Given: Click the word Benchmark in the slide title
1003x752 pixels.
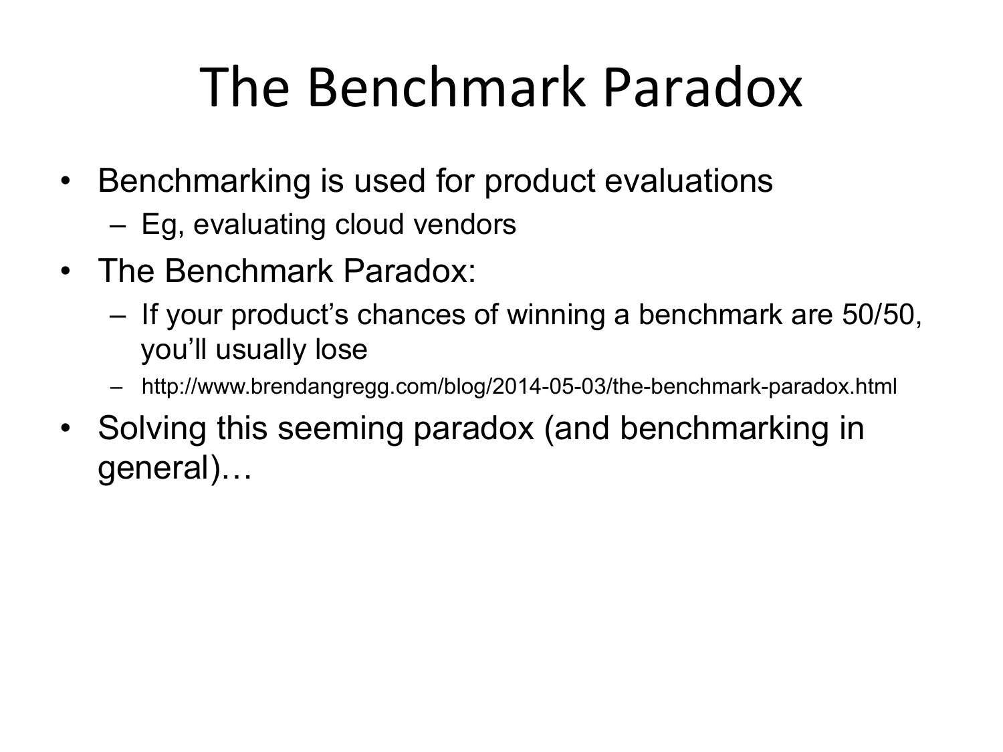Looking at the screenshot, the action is (x=447, y=87).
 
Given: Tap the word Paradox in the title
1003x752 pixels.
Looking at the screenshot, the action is (x=702, y=87).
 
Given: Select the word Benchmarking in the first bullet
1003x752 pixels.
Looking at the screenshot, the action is (x=204, y=180).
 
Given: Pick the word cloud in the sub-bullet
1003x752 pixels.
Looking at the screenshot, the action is (x=370, y=224).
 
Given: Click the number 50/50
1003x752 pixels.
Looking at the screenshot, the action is (x=881, y=315).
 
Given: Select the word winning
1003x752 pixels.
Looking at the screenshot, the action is (x=556, y=316).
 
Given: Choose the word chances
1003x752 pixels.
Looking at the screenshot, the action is (x=411, y=315).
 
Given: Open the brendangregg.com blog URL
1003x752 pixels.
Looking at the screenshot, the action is (x=519, y=387).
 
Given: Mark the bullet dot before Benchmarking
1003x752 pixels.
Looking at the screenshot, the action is (x=66, y=180).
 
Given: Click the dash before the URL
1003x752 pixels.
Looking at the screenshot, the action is (x=116, y=388).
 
